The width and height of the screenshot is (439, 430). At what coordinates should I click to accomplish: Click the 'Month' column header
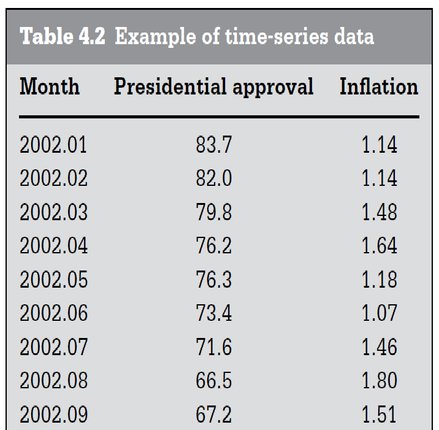coord(50,86)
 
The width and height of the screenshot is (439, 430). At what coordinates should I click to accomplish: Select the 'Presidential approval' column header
coord(213,86)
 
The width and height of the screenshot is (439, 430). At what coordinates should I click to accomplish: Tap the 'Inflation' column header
coord(378,86)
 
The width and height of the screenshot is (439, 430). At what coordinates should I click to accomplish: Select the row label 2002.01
coord(54,145)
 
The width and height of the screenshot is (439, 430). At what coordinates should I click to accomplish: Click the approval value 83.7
coord(214,145)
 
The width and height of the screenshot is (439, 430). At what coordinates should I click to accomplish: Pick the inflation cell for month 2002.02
coord(379,179)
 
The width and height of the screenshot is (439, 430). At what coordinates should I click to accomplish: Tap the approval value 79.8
coord(214,213)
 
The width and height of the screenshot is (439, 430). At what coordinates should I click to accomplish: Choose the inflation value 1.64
coord(379,246)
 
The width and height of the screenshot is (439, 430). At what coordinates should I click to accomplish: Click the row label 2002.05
coord(54,280)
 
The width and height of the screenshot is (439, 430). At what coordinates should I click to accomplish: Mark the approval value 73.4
coord(214,313)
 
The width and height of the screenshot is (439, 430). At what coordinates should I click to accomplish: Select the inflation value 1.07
coord(379,313)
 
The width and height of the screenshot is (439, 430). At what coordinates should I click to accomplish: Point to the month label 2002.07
coord(54,347)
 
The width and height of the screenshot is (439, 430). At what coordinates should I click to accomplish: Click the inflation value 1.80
coord(379,381)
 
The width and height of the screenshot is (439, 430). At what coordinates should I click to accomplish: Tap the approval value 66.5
coord(214,381)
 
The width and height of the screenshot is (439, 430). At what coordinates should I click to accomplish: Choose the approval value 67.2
coord(214,415)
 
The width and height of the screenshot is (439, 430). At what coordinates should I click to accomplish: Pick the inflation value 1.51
coord(379,415)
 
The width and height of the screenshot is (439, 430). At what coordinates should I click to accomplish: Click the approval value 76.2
coord(214,246)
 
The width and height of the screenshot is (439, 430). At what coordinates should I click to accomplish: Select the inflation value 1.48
coord(379,213)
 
